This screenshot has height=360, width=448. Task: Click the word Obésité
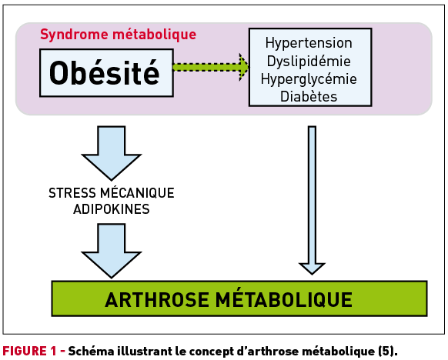pos(104,73)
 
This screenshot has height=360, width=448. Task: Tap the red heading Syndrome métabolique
pos(119,35)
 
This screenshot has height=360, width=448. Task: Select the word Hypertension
pos(309,44)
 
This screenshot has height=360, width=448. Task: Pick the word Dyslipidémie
pos(309,62)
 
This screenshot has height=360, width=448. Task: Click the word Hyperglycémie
pos(309,79)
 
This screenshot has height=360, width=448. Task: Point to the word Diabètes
pos(309,96)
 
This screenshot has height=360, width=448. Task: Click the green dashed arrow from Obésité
pos(211,67)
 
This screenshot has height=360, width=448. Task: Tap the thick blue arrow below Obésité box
pos(112,153)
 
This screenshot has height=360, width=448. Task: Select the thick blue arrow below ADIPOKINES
pos(112,251)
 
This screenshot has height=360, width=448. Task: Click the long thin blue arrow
pos(312,200)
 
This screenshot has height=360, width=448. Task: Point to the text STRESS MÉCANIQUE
pos(112,193)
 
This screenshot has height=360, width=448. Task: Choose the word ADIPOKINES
pos(112,209)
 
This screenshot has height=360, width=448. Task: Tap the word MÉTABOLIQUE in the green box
pos(284,299)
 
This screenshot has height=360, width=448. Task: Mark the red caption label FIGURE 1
pos(30,351)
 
